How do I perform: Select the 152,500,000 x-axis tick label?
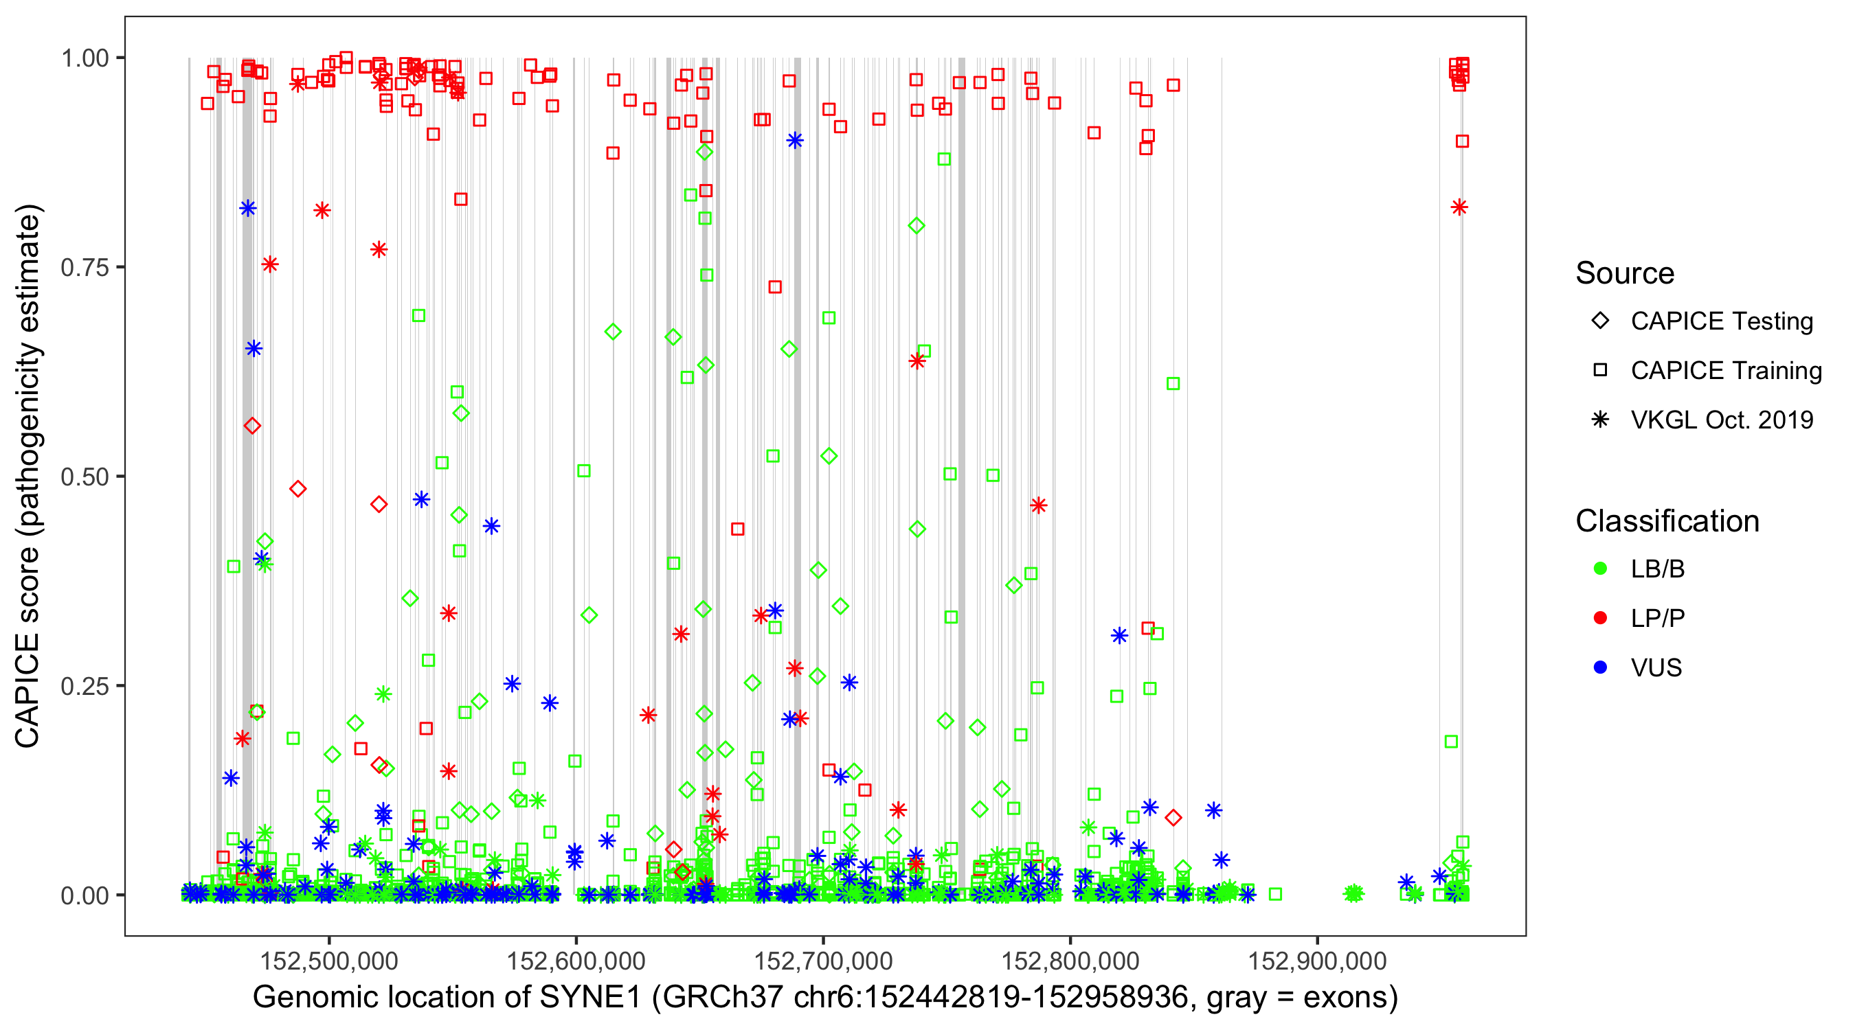pos(328,961)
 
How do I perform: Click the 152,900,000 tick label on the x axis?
pos(1317,961)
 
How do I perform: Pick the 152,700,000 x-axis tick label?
pos(823,961)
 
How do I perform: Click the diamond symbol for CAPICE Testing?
pos(1600,321)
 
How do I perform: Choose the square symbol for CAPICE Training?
pos(1600,371)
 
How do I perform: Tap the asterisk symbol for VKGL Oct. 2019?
pos(1600,420)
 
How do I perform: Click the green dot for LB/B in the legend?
pos(1600,569)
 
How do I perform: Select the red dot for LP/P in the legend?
pos(1600,618)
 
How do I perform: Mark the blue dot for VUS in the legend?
pos(1600,668)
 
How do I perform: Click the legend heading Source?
pos(1625,273)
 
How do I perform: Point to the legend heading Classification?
pos(1667,521)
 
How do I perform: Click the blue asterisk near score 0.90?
pos(794,141)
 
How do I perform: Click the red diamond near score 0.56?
pos(252,426)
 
